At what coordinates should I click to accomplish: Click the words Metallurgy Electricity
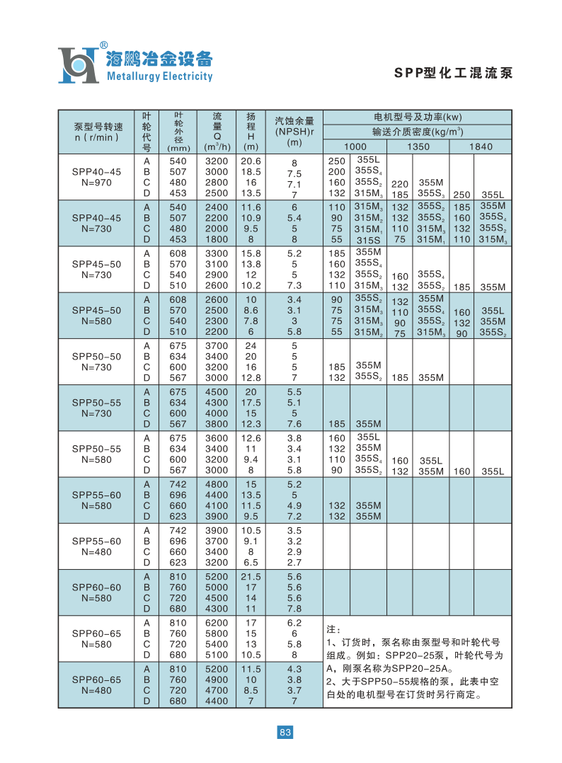point(159,76)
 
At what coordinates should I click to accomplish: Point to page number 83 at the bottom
point(285,733)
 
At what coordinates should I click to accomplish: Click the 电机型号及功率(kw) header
point(417,117)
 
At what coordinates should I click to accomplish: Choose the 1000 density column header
point(355,147)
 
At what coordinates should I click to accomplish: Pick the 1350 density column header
point(418,147)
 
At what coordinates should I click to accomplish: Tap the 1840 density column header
point(481,147)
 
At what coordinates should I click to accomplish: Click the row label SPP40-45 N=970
point(96,177)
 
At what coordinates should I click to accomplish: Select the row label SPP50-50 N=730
point(96,362)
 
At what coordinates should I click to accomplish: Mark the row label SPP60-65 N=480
point(96,684)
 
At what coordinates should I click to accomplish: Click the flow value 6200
point(217,622)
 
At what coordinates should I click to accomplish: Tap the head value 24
point(251,346)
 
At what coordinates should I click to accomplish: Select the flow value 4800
point(217,484)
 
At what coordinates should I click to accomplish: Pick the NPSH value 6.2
point(294,622)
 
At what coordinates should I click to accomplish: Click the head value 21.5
point(251,576)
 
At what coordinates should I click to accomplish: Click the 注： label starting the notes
point(334,629)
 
